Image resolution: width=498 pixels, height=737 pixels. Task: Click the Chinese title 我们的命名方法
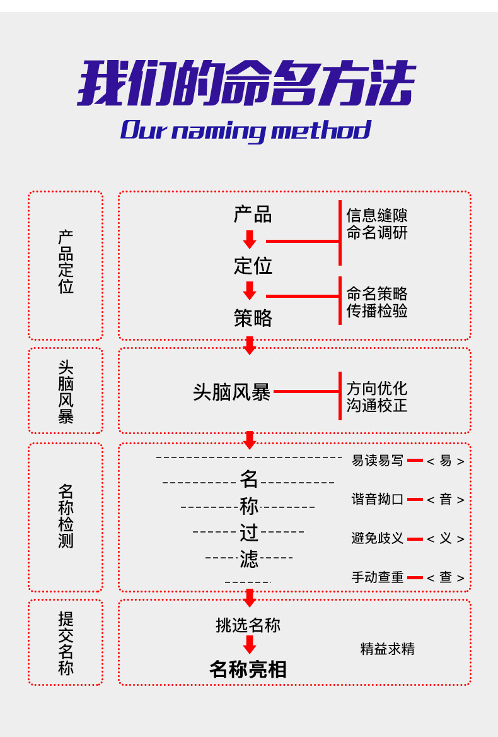point(246,83)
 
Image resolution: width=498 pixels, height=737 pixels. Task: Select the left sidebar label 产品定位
point(66,262)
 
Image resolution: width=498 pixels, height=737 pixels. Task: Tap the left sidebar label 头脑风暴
point(66,392)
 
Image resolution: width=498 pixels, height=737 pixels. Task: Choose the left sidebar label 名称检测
point(66,516)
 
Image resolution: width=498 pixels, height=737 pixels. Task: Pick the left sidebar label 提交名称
point(66,643)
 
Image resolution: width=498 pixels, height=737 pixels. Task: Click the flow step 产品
point(253,215)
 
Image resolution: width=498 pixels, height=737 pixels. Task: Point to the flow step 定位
point(253,266)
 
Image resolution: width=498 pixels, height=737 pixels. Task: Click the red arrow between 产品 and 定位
point(250,240)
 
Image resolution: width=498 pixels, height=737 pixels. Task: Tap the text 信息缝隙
point(377,216)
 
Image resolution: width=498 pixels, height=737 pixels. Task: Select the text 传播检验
point(377,310)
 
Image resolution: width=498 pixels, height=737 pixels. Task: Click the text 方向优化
point(377,389)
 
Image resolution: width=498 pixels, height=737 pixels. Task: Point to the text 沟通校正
point(377,405)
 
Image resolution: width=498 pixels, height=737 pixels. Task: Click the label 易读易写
point(377,461)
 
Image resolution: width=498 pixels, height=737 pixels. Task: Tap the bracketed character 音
point(446,500)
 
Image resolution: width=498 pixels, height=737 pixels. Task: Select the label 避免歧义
point(377,538)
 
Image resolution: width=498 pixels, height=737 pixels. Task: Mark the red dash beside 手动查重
point(415,577)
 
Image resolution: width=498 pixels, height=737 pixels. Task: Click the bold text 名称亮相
point(248,669)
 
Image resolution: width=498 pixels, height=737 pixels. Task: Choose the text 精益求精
point(387,649)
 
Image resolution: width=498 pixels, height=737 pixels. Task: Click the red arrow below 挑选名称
point(250,644)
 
